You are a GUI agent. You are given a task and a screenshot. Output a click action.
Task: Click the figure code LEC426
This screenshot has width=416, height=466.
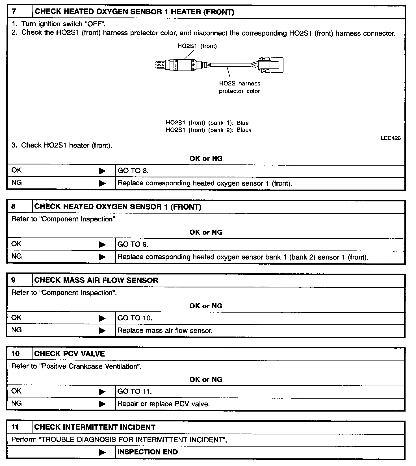(391, 138)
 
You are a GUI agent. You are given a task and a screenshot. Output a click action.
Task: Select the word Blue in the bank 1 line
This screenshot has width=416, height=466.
(242, 123)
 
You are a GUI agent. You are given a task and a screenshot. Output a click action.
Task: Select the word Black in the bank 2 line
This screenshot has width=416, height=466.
(244, 130)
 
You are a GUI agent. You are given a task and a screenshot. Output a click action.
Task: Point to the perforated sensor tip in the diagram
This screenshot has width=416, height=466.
(160, 65)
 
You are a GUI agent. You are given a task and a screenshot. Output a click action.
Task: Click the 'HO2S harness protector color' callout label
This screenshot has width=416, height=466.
(240, 87)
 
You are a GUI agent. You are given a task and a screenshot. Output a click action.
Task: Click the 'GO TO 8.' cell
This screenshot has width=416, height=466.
(133, 171)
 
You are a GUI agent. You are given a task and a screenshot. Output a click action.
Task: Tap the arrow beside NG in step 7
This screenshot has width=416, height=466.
(102, 183)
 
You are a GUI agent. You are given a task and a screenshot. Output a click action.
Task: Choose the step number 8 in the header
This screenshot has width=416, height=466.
(14, 206)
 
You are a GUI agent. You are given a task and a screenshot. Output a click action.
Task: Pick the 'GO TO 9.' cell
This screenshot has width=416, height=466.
(133, 244)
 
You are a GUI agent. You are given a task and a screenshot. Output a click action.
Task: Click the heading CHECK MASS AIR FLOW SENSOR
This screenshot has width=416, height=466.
(96, 280)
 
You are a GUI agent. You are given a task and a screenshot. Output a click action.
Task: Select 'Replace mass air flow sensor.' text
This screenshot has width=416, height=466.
(165, 331)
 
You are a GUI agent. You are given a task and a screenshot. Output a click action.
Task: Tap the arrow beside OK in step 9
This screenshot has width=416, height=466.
(102, 318)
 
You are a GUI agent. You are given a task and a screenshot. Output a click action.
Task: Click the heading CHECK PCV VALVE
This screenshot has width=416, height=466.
(70, 354)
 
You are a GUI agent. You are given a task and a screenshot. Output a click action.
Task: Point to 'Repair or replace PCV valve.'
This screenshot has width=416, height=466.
(164, 404)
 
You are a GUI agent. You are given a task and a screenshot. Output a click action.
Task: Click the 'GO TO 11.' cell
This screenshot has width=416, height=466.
(135, 392)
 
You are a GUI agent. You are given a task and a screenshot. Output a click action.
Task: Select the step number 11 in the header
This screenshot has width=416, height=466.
(15, 427)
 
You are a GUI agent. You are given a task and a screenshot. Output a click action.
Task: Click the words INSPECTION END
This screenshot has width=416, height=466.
(148, 452)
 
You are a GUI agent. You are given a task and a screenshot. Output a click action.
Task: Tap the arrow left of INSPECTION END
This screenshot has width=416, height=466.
(102, 452)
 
